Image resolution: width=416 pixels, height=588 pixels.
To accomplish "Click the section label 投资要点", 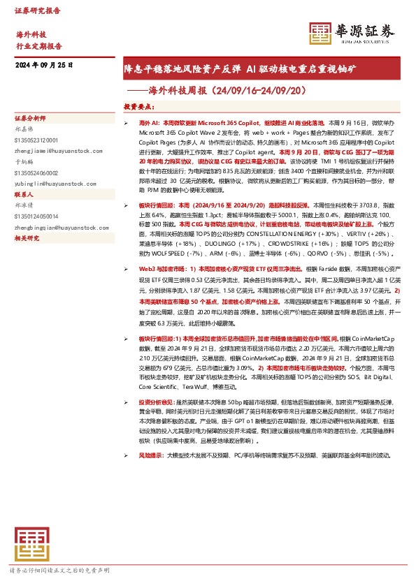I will [138, 107].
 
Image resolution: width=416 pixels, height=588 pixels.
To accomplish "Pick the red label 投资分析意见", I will [159, 403].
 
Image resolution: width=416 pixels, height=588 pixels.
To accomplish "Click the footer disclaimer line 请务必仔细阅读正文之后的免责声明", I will [59, 571].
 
